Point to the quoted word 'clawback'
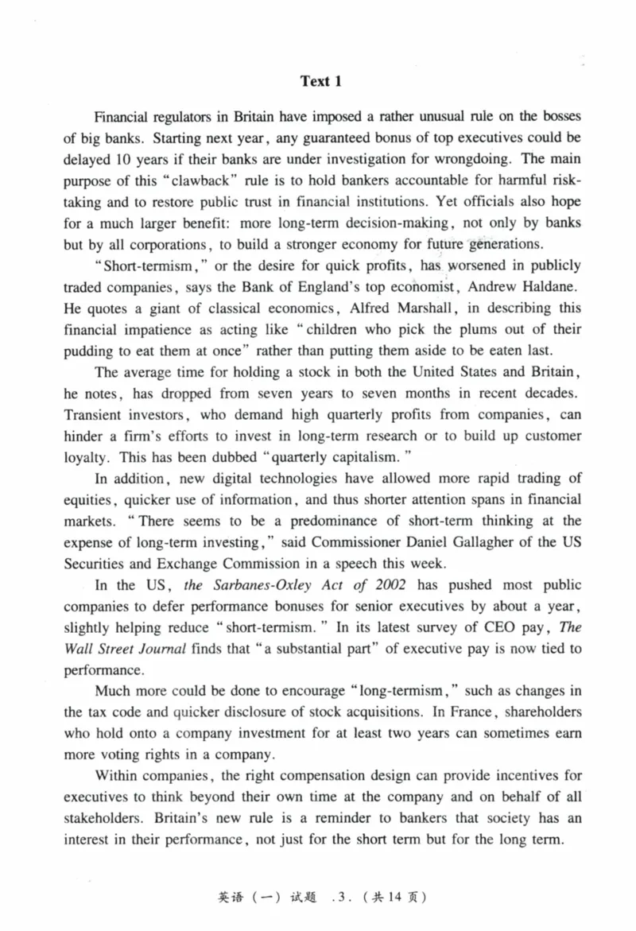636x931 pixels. (x=167, y=179)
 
